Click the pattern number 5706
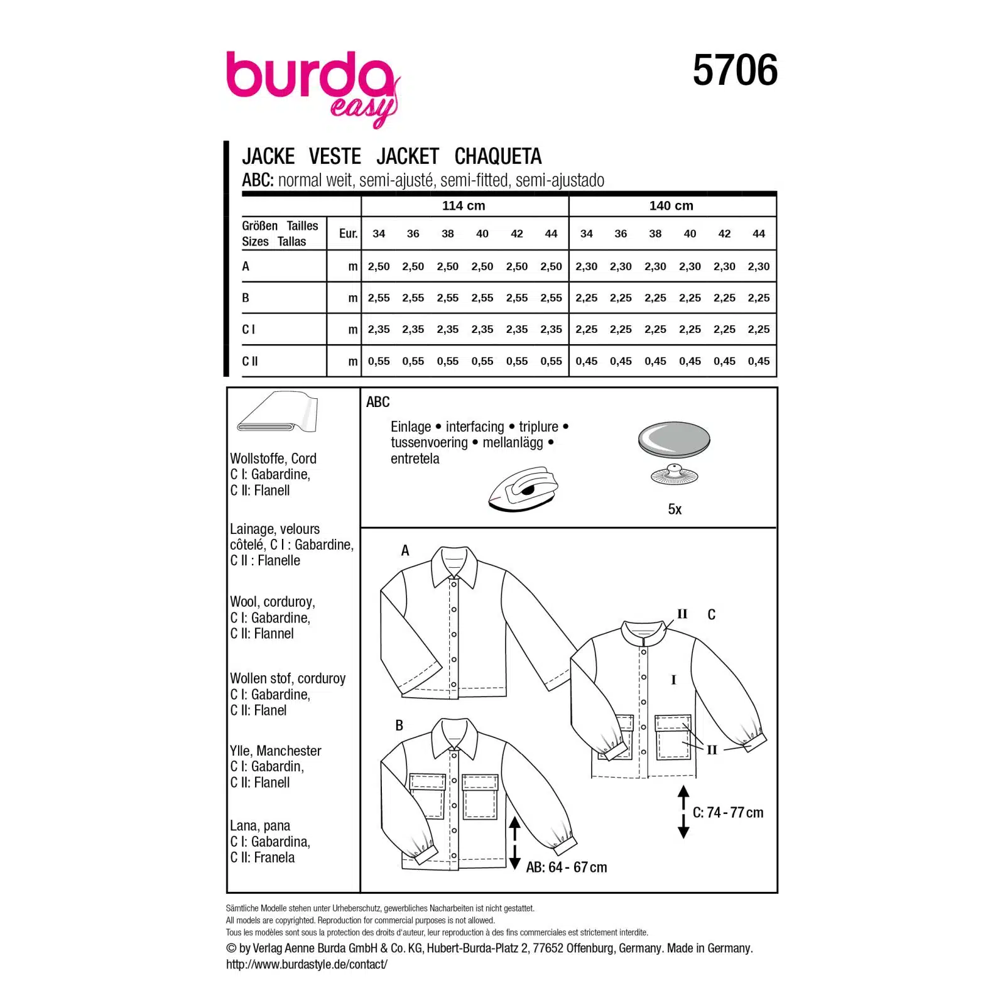click(735, 70)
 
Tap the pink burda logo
click(312, 88)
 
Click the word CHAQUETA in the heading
click(498, 156)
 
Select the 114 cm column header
click(464, 205)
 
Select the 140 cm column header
click(671, 205)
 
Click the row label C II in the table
click(250, 361)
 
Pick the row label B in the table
click(246, 298)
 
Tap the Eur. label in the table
click(348, 234)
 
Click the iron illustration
click(523, 488)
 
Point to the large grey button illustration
click(674, 440)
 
